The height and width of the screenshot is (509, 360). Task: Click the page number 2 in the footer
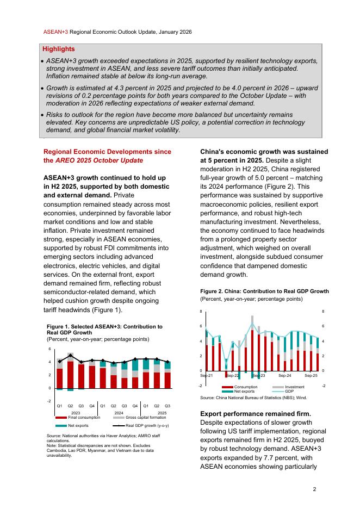(x=314, y=489)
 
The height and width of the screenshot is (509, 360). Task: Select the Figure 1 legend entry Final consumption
(x=84, y=417)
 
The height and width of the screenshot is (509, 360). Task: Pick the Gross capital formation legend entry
(x=142, y=417)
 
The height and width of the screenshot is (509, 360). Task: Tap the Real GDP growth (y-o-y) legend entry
(x=147, y=425)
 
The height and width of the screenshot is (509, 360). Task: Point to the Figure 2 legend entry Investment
(x=295, y=387)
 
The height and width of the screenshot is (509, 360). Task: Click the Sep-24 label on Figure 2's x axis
(x=284, y=375)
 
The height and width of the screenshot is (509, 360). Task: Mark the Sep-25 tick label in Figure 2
(x=311, y=375)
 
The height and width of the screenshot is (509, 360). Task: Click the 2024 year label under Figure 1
(x=119, y=413)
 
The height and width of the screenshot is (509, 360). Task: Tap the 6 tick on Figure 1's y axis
(x=49, y=349)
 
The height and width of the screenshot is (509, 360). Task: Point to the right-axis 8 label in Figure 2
(x=324, y=312)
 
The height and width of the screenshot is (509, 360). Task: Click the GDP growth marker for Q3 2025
(x=167, y=362)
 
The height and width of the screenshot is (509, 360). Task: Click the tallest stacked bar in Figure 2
(x=252, y=343)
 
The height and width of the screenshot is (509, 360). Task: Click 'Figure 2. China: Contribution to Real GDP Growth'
(x=264, y=291)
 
